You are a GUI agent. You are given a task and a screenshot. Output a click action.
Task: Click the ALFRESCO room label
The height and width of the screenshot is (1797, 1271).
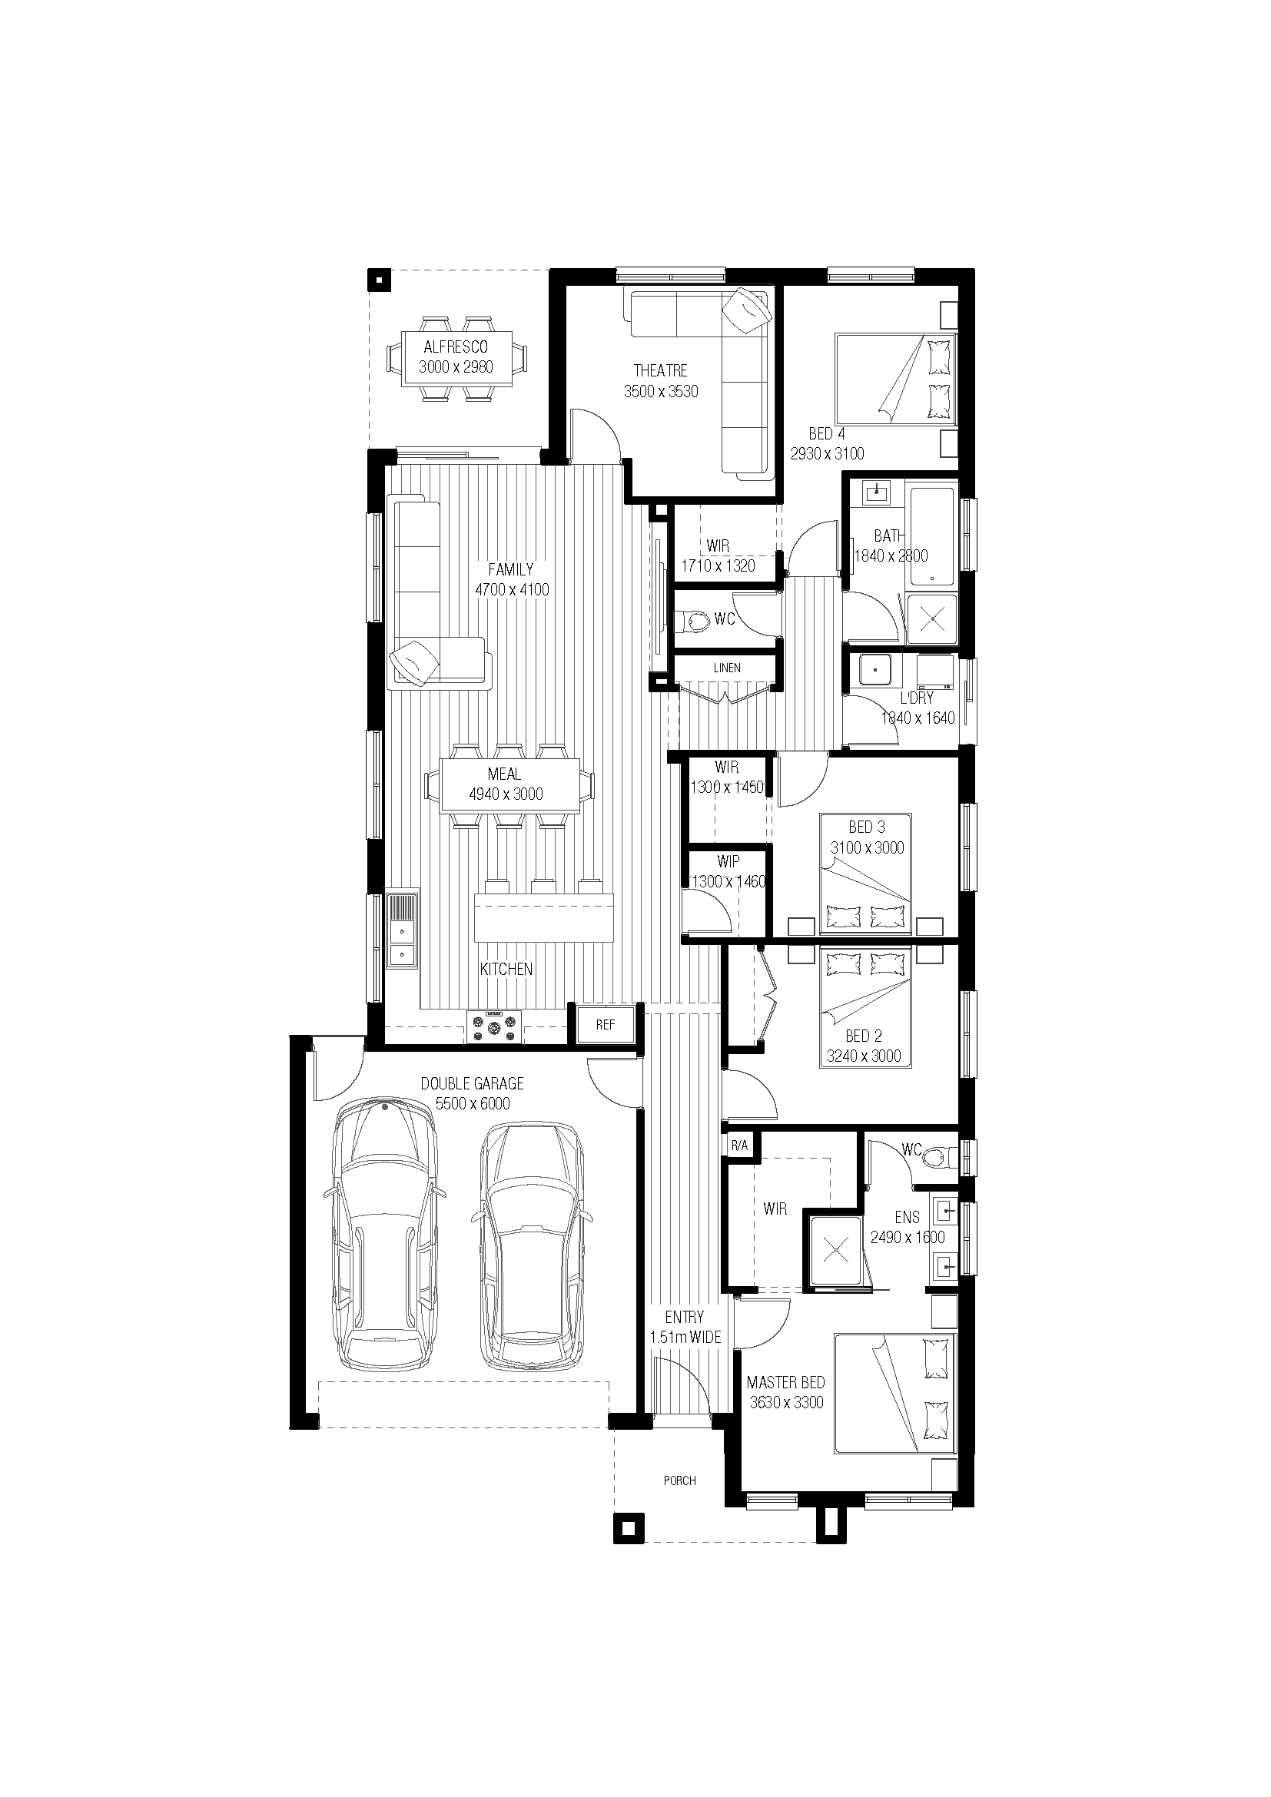(x=456, y=346)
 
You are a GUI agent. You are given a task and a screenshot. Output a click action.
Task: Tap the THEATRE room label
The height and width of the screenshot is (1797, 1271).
(x=661, y=370)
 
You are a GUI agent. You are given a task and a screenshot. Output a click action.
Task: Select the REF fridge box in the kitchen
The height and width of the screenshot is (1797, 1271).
(x=605, y=1025)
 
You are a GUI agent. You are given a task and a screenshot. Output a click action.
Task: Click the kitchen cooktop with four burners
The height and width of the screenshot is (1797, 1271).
(x=494, y=1027)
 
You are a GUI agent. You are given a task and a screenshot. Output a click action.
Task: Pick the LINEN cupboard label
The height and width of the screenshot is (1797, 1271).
(x=727, y=668)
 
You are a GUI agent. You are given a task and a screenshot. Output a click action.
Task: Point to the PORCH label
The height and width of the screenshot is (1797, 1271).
(x=679, y=1480)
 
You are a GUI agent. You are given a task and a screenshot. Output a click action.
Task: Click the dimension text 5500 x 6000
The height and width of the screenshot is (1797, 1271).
(x=472, y=1103)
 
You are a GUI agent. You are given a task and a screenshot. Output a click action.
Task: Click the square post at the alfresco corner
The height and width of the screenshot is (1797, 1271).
(x=379, y=280)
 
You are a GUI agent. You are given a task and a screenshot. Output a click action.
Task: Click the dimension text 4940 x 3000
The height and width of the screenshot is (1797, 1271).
(x=506, y=794)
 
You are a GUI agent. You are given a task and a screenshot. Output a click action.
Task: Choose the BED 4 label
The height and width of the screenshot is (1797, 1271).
(x=827, y=433)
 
